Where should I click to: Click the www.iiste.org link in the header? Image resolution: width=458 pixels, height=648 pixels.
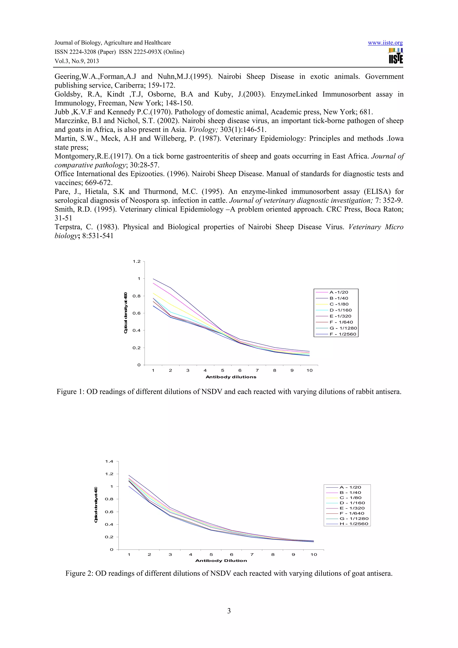385,43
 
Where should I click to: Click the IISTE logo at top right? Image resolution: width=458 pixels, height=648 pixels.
396,56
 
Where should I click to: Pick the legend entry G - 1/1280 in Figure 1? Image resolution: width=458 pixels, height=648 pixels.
343,328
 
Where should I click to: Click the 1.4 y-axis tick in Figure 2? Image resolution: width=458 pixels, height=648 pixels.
109,462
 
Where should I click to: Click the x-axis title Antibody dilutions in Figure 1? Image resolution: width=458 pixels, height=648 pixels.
231,377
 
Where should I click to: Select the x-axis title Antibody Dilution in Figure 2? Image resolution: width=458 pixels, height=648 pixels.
221,561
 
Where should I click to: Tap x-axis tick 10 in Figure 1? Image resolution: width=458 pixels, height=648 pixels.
309,371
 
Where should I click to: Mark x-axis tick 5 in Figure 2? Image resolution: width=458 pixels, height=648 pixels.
211,554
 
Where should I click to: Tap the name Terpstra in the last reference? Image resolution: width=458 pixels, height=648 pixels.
67,227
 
